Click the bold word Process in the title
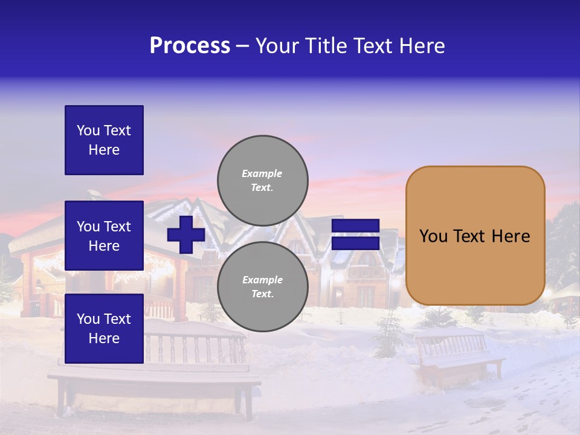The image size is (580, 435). pyautogui.click(x=190, y=46)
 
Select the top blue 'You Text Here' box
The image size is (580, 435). pyautogui.click(x=104, y=140)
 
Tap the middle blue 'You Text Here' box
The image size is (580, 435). pyautogui.click(x=104, y=236)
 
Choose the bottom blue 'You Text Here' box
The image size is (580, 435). pyautogui.click(x=104, y=328)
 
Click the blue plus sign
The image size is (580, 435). pyautogui.click(x=186, y=235)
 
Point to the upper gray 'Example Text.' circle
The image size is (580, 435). pyautogui.click(x=262, y=180)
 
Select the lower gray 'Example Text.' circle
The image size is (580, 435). pyautogui.click(x=262, y=286)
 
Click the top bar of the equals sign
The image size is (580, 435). pyautogui.click(x=356, y=226)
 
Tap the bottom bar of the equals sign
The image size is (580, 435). pyautogui.click(x=356, y=243)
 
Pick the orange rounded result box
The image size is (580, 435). pyautogui.click(x=475, y=236)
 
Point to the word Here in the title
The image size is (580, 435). pyautogui.click(x=422, y=46)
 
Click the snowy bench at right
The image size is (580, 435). pyautogui.click(x=459, y=356)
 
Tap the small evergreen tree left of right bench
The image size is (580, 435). pyautogui.click(x=388, y=332)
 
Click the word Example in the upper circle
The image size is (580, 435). pyautogui.click(x=262, y=173)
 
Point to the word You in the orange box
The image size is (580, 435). pyautogui.click(x=433, y=236)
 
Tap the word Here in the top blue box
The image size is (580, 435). pyautogui.click(x=104, y=150)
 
